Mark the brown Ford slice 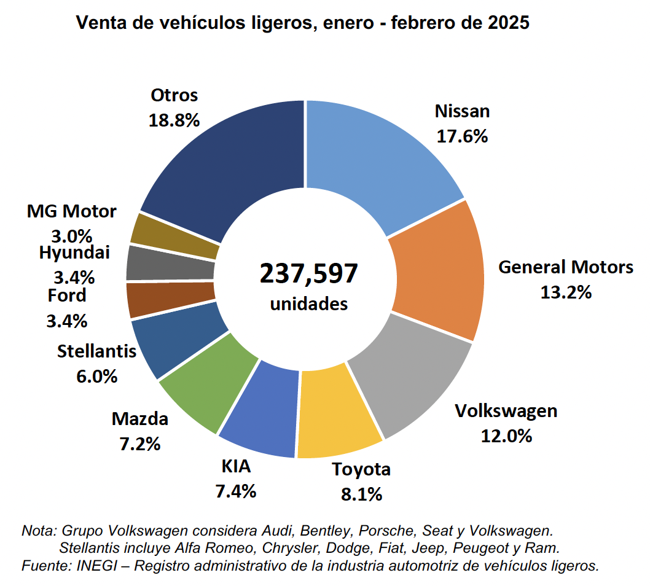point(171,299)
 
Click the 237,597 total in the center point(308,273)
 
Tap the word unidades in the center point(308,303)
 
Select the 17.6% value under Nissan point(462,136)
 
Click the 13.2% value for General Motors point(565,292)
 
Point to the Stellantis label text point(96,352)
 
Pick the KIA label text point(236,467)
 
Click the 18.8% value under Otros point(174,120)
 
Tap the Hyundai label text point(74,252)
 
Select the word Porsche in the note point(379,530)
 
